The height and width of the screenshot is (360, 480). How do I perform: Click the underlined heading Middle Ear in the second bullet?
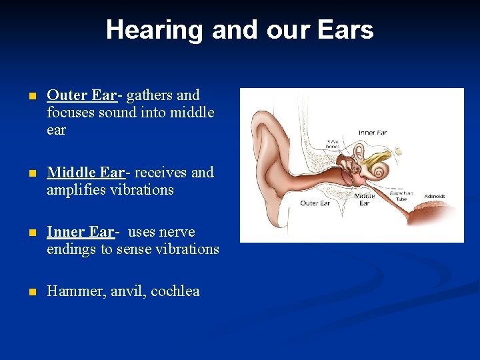85,173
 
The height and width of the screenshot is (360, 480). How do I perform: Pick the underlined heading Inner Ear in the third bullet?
81,232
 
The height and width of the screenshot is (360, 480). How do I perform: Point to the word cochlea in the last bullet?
175,291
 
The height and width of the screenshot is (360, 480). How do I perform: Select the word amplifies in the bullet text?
77,190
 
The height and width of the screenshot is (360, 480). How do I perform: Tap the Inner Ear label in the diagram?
372,133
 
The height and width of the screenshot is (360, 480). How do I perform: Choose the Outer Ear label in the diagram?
315,203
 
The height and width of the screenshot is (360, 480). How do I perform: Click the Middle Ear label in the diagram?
364,199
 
